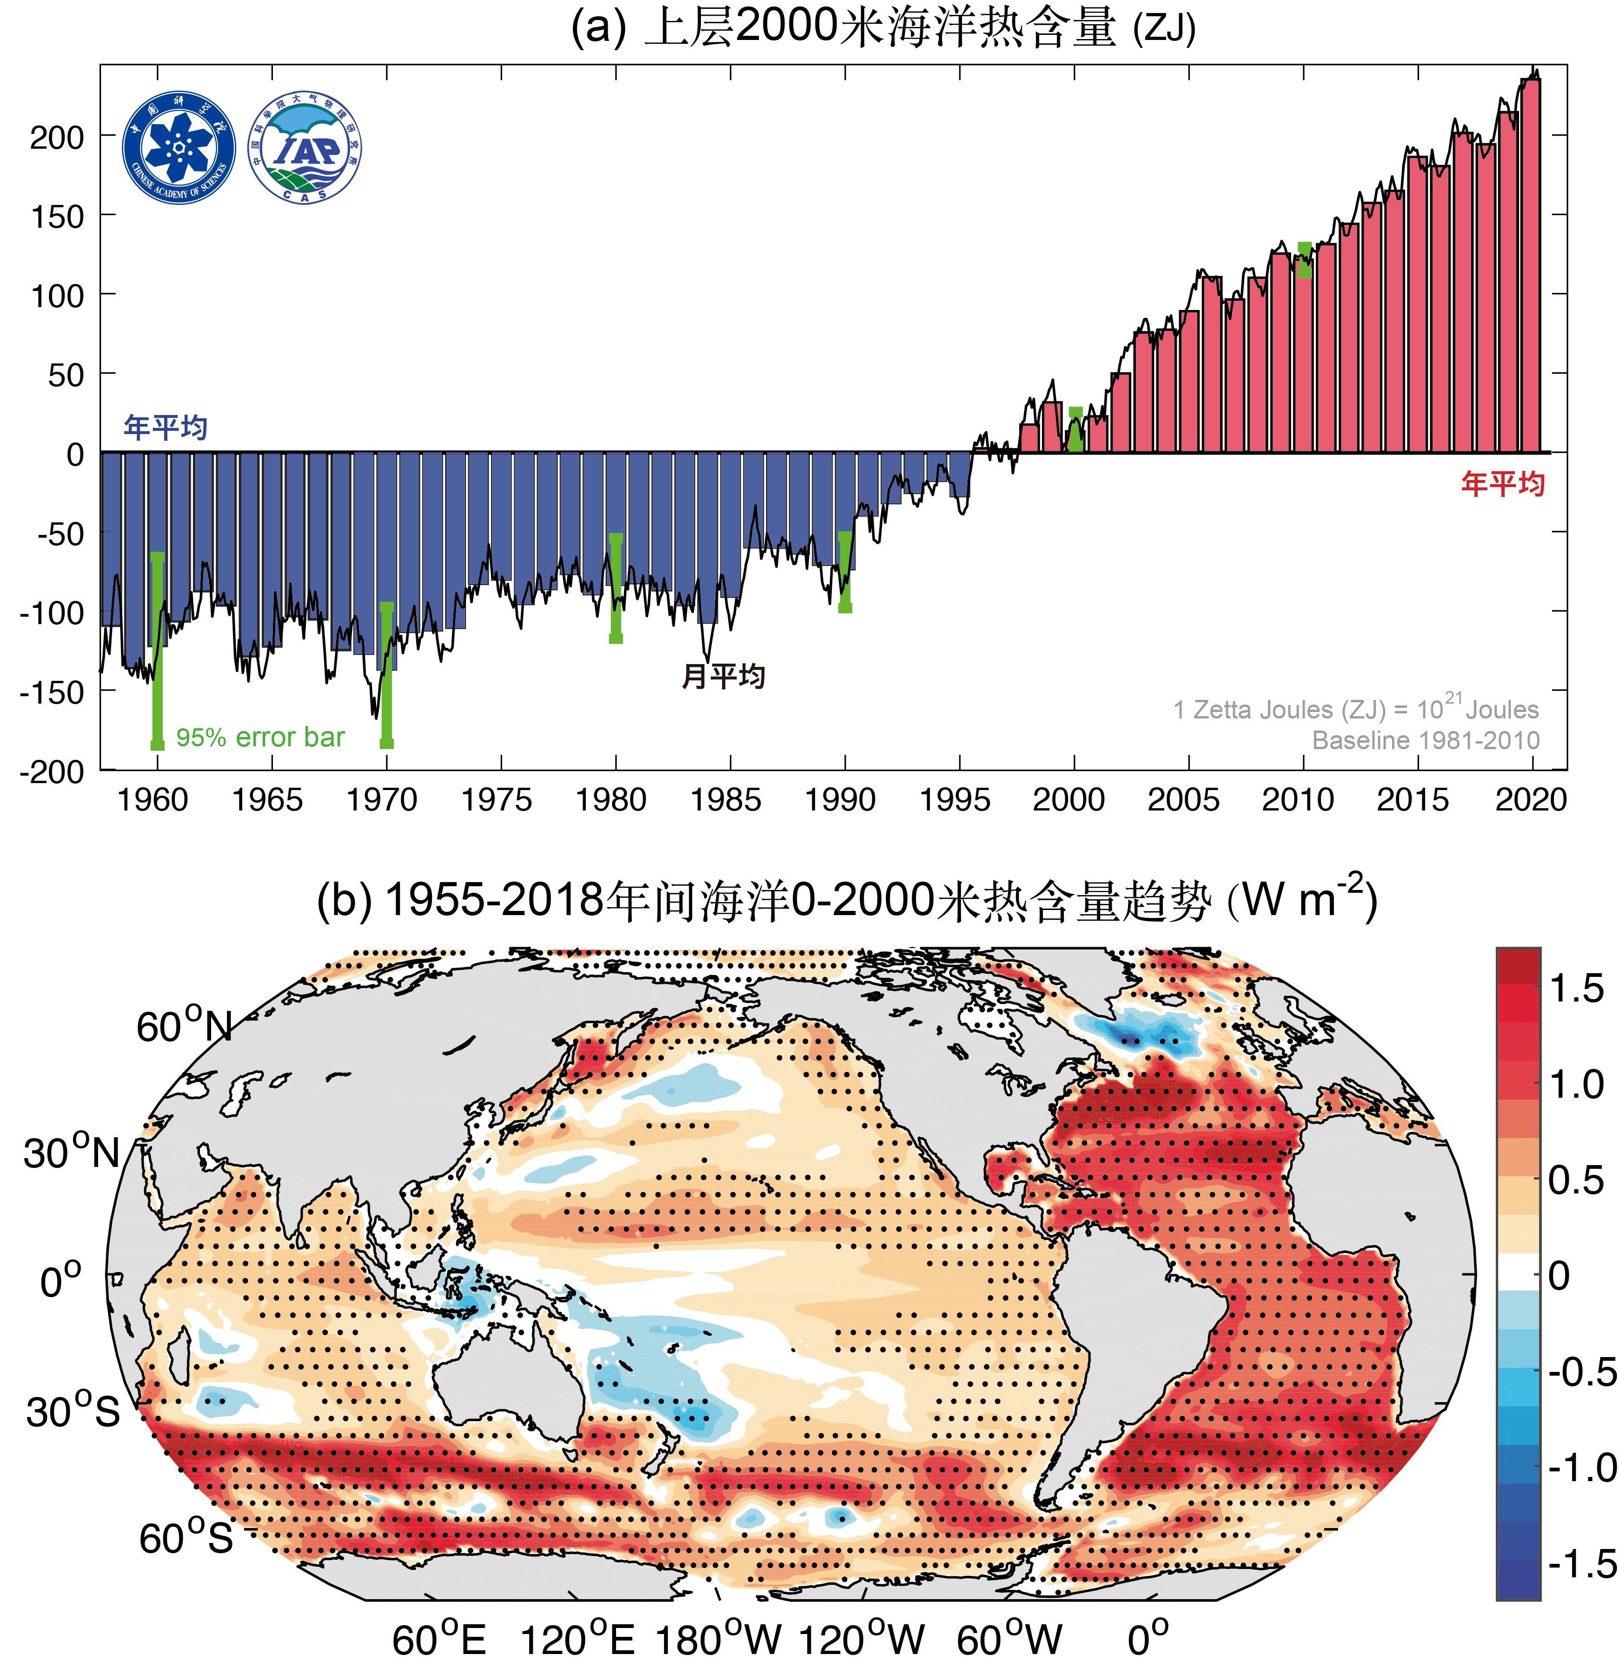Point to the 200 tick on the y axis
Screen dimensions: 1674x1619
[58, 137]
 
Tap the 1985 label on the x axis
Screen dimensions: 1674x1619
[725, 800]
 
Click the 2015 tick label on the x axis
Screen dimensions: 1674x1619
[1412, 800]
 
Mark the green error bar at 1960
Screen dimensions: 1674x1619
[157, 649]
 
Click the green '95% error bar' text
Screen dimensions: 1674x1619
[260, 737]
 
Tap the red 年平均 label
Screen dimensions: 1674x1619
[1502, 484]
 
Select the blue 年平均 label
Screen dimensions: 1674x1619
[166, 427]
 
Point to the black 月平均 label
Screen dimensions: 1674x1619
[723, 677]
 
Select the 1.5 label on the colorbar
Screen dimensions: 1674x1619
[1576, 989]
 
